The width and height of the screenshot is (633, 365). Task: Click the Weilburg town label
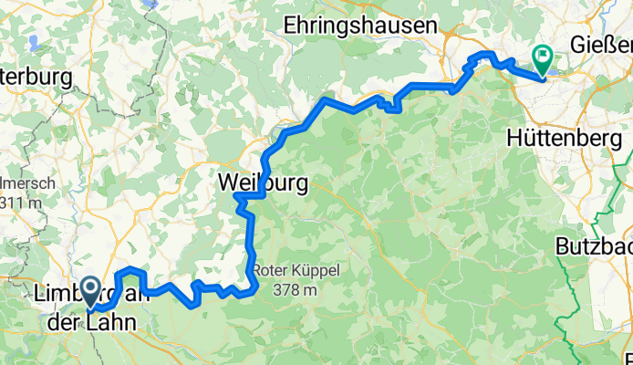pos(263,182)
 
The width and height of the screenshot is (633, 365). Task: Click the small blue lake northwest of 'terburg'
pos(34,42)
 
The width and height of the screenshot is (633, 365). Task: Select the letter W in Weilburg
pos(229,182)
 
